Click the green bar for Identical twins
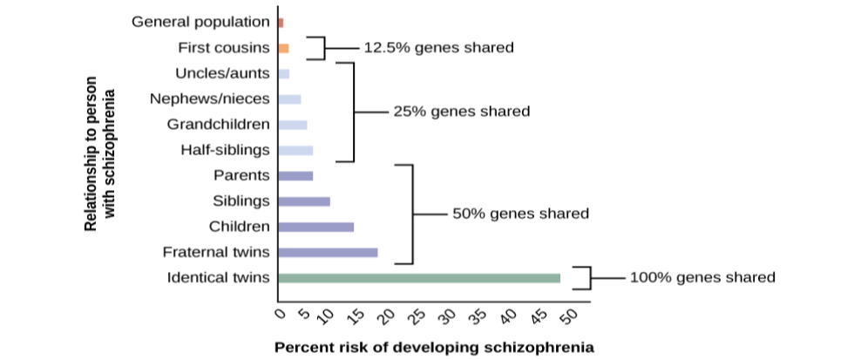[418, 278]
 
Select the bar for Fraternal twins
[327, 253]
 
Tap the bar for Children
[315, 227]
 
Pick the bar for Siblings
[303, 201]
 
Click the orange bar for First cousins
[282, 48]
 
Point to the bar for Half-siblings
[295, 150]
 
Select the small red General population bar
[280, 22]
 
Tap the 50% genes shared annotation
[520, 214]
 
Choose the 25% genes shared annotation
[462, 112]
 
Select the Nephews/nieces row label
[209, 98]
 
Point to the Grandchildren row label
[218, 124]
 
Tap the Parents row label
[241, 175]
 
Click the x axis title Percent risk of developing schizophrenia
[434, 347]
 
